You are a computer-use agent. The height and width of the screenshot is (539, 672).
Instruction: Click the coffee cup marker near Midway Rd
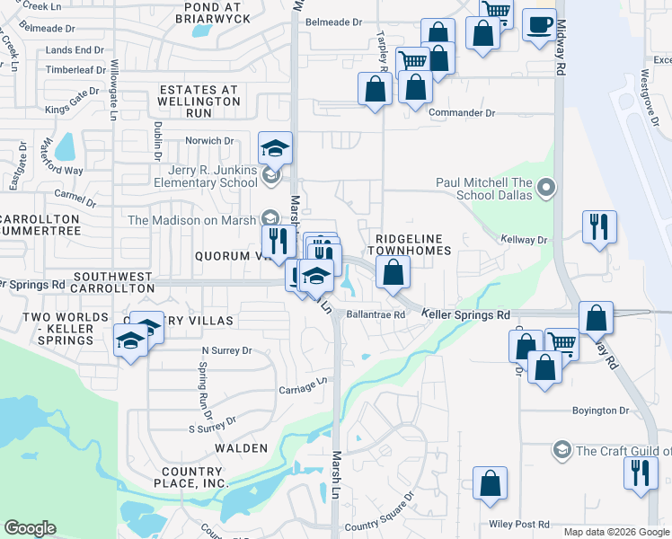tap(539, 25)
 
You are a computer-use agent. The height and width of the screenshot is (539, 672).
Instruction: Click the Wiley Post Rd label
tap(519, 523)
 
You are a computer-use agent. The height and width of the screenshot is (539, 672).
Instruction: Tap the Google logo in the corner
tap(30, 528)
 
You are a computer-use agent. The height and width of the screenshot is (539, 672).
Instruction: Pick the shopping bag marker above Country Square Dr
tap(490, 482)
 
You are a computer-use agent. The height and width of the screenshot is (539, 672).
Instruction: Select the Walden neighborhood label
tap(240, 447)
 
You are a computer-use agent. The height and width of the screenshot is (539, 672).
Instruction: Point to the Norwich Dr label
tap(209, 141)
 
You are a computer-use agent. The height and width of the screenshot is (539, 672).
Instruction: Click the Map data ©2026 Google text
tap(615, 532)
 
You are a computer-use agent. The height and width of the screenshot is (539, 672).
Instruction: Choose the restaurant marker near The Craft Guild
tap(640, 471)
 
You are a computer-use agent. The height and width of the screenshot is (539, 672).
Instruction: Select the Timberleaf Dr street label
tap(76, 69)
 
